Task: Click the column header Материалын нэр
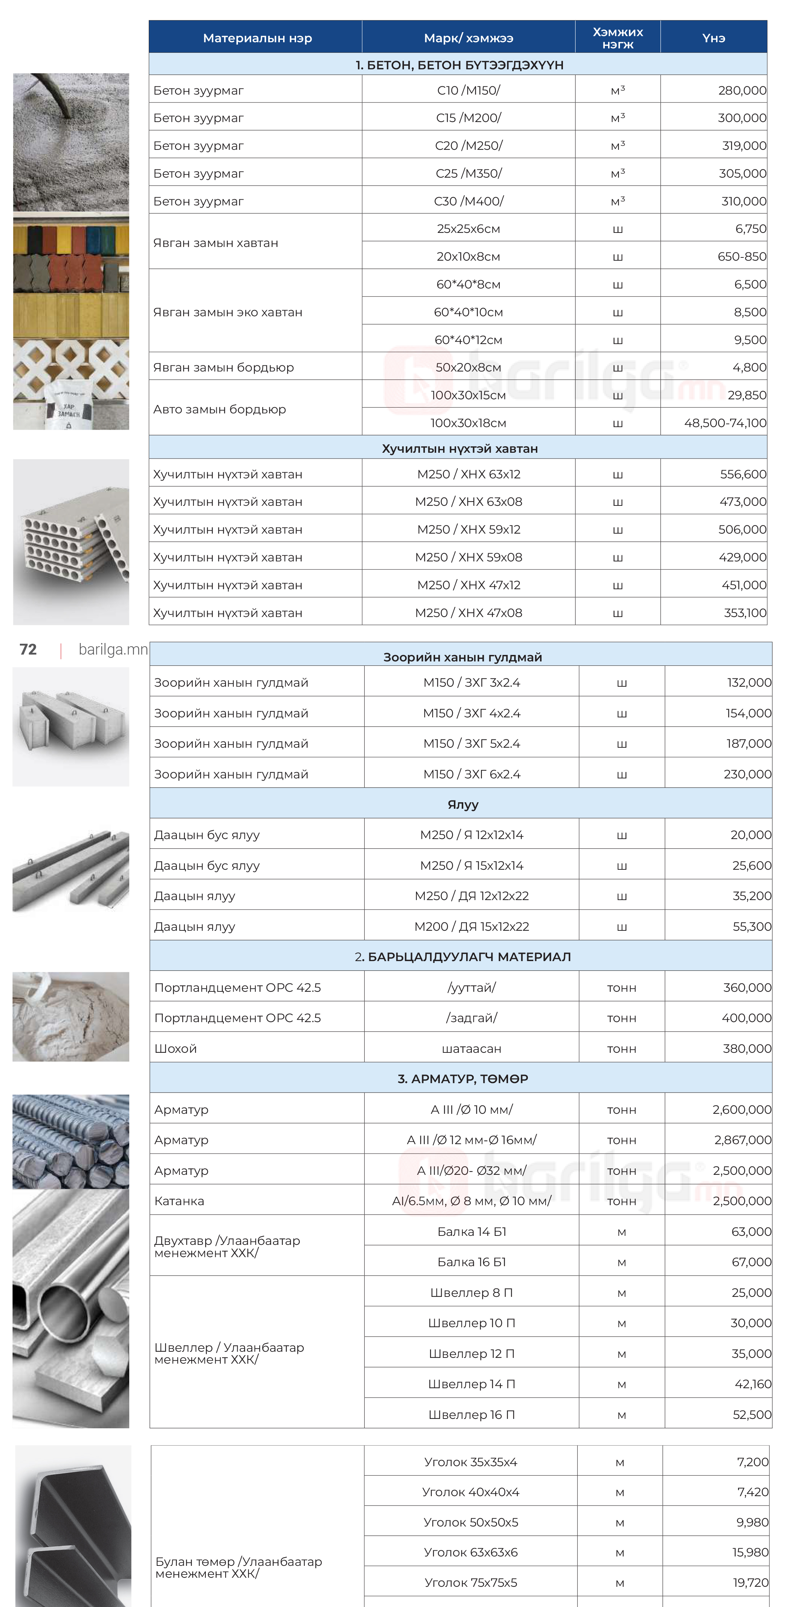pyautogui.click(x=257, y=38)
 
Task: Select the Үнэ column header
pyautogui.click(x=713, y=38)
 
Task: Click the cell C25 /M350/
pyautogui.click(x=469, y=173)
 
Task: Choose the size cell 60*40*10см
pyautogui.click(x=469, y=312)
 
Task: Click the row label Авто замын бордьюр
pyautogui.click(x=220, y=409)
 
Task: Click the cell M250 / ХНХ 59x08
pyautogui.click(x=469, y=557)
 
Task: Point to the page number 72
pyautogui.click(x=28, y=650)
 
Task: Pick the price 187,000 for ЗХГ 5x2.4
pyautogui.click(x=748, y=744)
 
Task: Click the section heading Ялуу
pyautogui.click(x=463, y=805)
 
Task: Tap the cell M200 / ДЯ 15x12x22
pyautogui.click(x=471, y=926)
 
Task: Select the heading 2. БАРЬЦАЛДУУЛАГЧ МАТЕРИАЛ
pyautogui.click(x=463, y=957)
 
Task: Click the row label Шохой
pyautogui.click(x=175, y=1049)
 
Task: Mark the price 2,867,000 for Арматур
pyautogui.click(x=742, y=1140)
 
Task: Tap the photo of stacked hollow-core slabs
pyautogui.click(x=71, y=542)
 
